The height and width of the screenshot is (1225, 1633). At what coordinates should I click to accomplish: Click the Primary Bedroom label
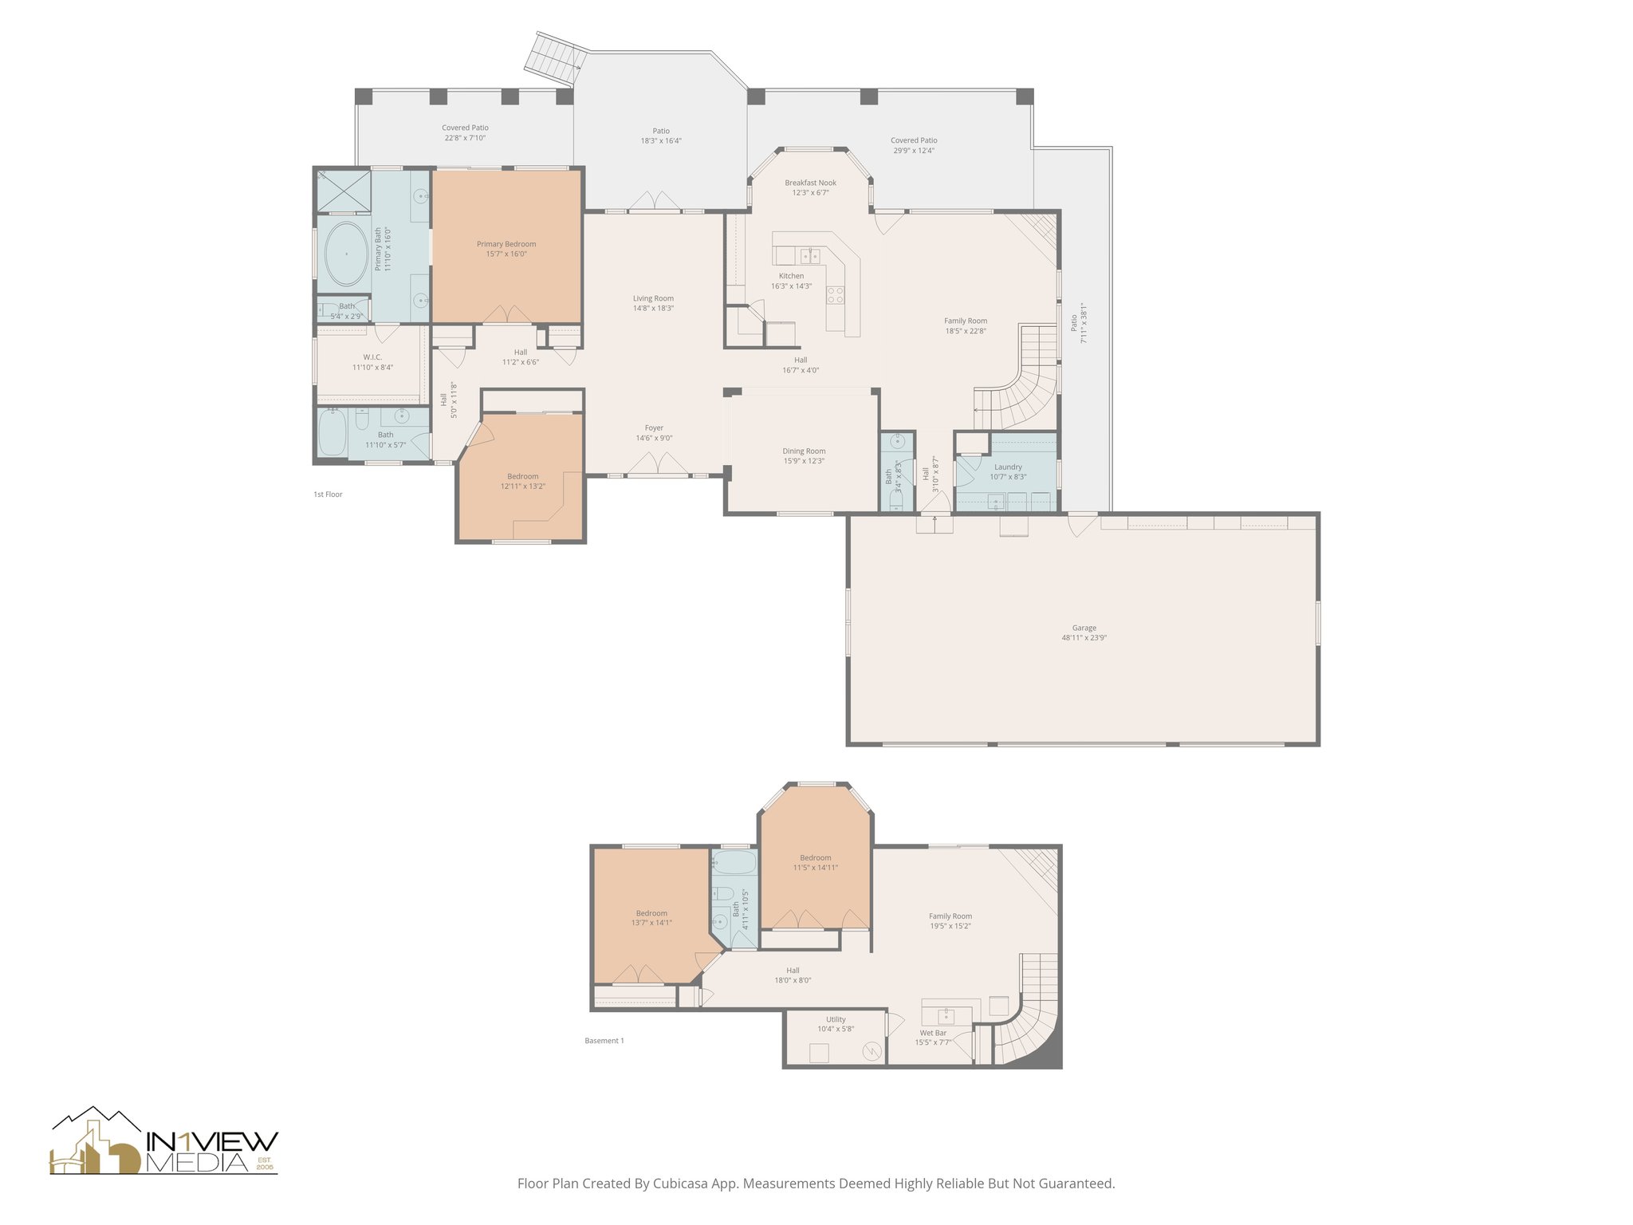(x=506, y=244)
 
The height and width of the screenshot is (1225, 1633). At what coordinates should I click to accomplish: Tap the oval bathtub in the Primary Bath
(x=346, y=254)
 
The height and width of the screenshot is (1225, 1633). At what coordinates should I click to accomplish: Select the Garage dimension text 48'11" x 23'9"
(x=1084, y=637)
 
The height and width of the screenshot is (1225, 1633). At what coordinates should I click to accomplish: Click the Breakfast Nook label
(x=810, y=183)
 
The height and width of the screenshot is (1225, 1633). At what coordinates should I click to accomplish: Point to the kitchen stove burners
(x=835, y=295)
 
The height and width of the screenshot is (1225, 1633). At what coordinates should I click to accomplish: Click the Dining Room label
(x=804, y=451)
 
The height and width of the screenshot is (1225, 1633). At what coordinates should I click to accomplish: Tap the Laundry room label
(x=1008, y=467)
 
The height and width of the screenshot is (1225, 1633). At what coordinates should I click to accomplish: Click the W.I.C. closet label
(x=372, y=357)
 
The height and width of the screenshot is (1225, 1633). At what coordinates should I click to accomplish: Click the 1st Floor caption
(x=328, y=494)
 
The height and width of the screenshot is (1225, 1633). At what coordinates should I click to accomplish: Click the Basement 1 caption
(x=604, y=1041)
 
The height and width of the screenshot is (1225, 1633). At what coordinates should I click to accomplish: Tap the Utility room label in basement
(x=836, y=1019)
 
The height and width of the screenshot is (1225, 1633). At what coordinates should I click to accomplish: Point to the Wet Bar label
(x=932, y=1033)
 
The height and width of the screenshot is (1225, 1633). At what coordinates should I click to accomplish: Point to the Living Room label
(x=653, y=298)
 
